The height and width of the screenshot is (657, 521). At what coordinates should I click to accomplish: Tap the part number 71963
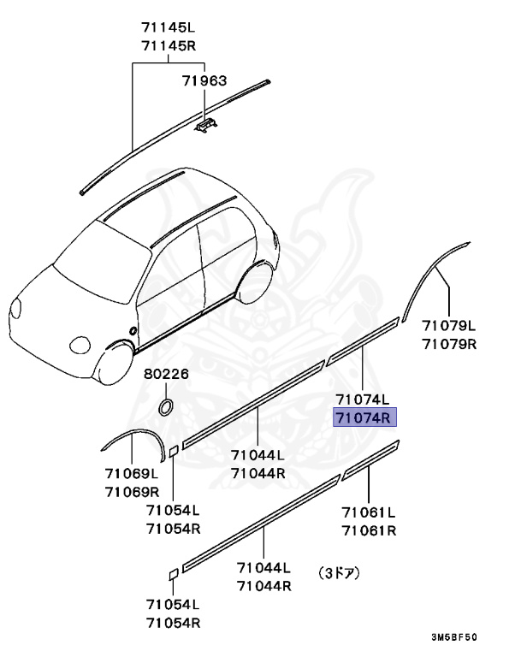coord(204,81)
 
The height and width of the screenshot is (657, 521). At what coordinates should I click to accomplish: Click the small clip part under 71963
coord(204,126)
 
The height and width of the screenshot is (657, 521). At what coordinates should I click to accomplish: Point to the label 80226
coord(166,375)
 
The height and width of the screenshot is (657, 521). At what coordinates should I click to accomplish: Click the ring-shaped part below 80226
coord(168,404)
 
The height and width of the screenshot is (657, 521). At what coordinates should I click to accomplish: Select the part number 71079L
coord(448,327)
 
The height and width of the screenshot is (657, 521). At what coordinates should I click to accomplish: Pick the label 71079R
coord(448,344)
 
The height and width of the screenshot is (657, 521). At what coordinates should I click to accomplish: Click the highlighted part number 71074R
coord(362,417)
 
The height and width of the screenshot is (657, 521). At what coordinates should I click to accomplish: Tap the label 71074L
coord(362,400)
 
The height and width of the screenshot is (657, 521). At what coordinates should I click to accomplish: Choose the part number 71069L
coord(132,474)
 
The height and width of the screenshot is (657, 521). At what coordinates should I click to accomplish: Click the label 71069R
coord(132,491)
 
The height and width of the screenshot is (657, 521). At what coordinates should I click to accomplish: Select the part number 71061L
coord(369,512)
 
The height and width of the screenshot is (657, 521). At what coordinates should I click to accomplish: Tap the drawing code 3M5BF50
coord(453,637)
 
